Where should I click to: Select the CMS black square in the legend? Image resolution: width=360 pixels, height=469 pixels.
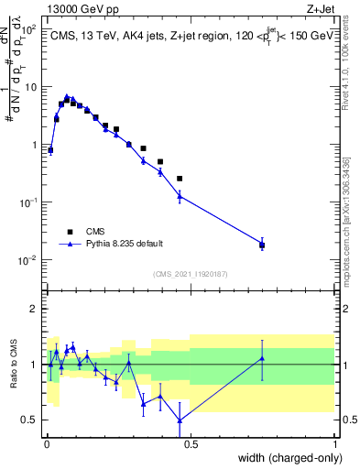[x=69, y=232]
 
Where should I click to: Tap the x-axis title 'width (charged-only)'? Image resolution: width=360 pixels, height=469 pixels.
[x=287, y=458]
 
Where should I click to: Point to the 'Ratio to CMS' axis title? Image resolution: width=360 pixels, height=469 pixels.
[x=13, y=365]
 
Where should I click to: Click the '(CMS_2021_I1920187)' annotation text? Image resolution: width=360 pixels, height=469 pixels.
[x=191, y=272]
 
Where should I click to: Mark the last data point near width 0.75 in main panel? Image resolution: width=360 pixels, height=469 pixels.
[x=262, y=245]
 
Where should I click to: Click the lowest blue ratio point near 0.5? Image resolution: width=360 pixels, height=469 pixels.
[x=180, y=420]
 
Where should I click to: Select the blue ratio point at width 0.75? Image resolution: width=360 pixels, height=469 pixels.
[x=262, y=358]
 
